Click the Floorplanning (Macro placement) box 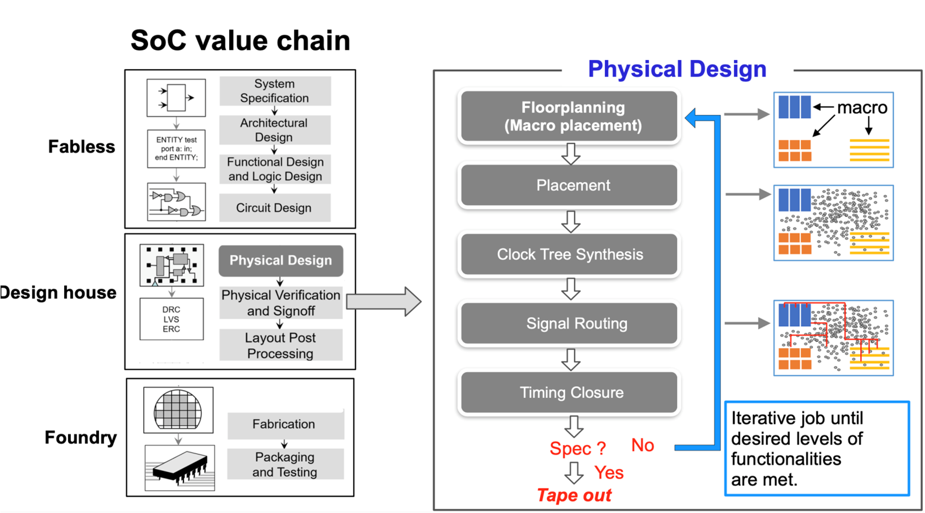[x=569, y=116]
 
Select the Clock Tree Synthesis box [x=569, y=254]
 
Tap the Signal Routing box [x=569, y=323]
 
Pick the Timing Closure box [x=569, y=392]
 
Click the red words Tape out [x=575, y=495]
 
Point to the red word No [x=643, y=445]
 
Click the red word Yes [x=609, y=473]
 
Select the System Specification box [x=275, y=91]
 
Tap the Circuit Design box [x=275, y=207]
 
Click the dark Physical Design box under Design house [x=281, y=260]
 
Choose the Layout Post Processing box [x=281, y=345]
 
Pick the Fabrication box [x=285, y=425]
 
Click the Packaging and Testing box [x=285, y=464]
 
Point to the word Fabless [x=82, y=146]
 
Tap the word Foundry [x=81, y=437]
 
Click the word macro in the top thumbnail [x=862, y=107]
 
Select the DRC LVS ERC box [x=171, y=319]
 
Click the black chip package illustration [x=180, y=468]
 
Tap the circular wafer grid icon [x=178, y=410]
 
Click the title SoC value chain [x=240, y=40]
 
